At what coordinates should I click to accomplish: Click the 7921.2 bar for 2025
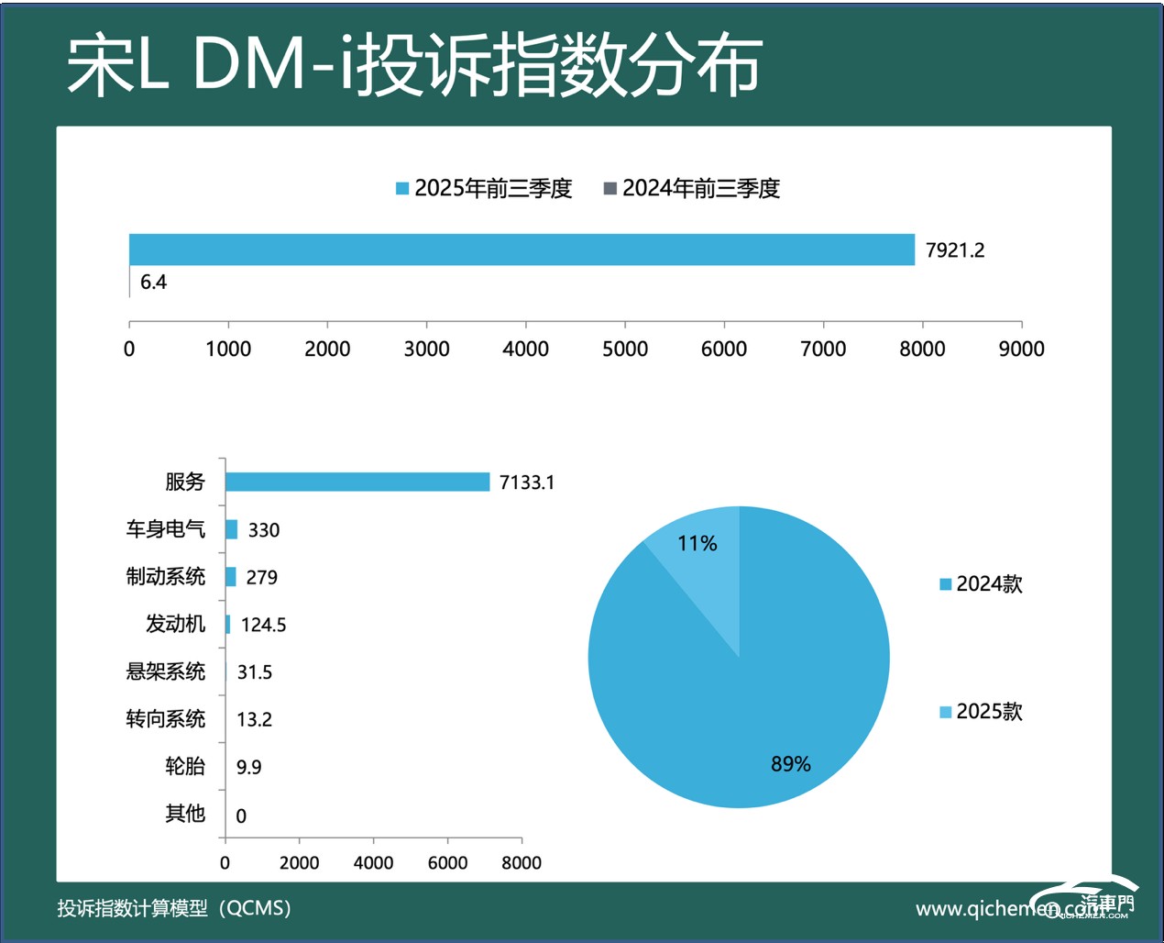click(522, 250)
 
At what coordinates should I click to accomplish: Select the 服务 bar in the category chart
click(357, 482)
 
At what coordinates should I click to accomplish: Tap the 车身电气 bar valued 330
click(231, 529)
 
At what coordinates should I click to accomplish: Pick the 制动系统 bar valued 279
click(230, 577)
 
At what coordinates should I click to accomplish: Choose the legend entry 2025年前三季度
click(484, 188)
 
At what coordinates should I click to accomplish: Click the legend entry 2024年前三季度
click(692, 188)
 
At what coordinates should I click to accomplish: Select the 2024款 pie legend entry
click(981, 584)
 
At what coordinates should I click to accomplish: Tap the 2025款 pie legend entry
click(981, 712)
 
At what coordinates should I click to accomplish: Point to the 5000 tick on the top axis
click(624, 349)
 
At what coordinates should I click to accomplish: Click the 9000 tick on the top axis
click(1021, 349)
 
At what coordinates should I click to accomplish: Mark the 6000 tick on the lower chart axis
click(447, 862)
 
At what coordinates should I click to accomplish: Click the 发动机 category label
click(175, 624)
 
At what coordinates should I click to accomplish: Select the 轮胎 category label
click(184, 766)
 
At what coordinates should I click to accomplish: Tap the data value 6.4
click(153, 283)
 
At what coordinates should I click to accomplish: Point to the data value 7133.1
click(527, 483)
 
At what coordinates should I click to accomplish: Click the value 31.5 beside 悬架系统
click(255, 672)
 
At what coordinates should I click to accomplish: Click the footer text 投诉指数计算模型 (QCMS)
click(174, 908)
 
